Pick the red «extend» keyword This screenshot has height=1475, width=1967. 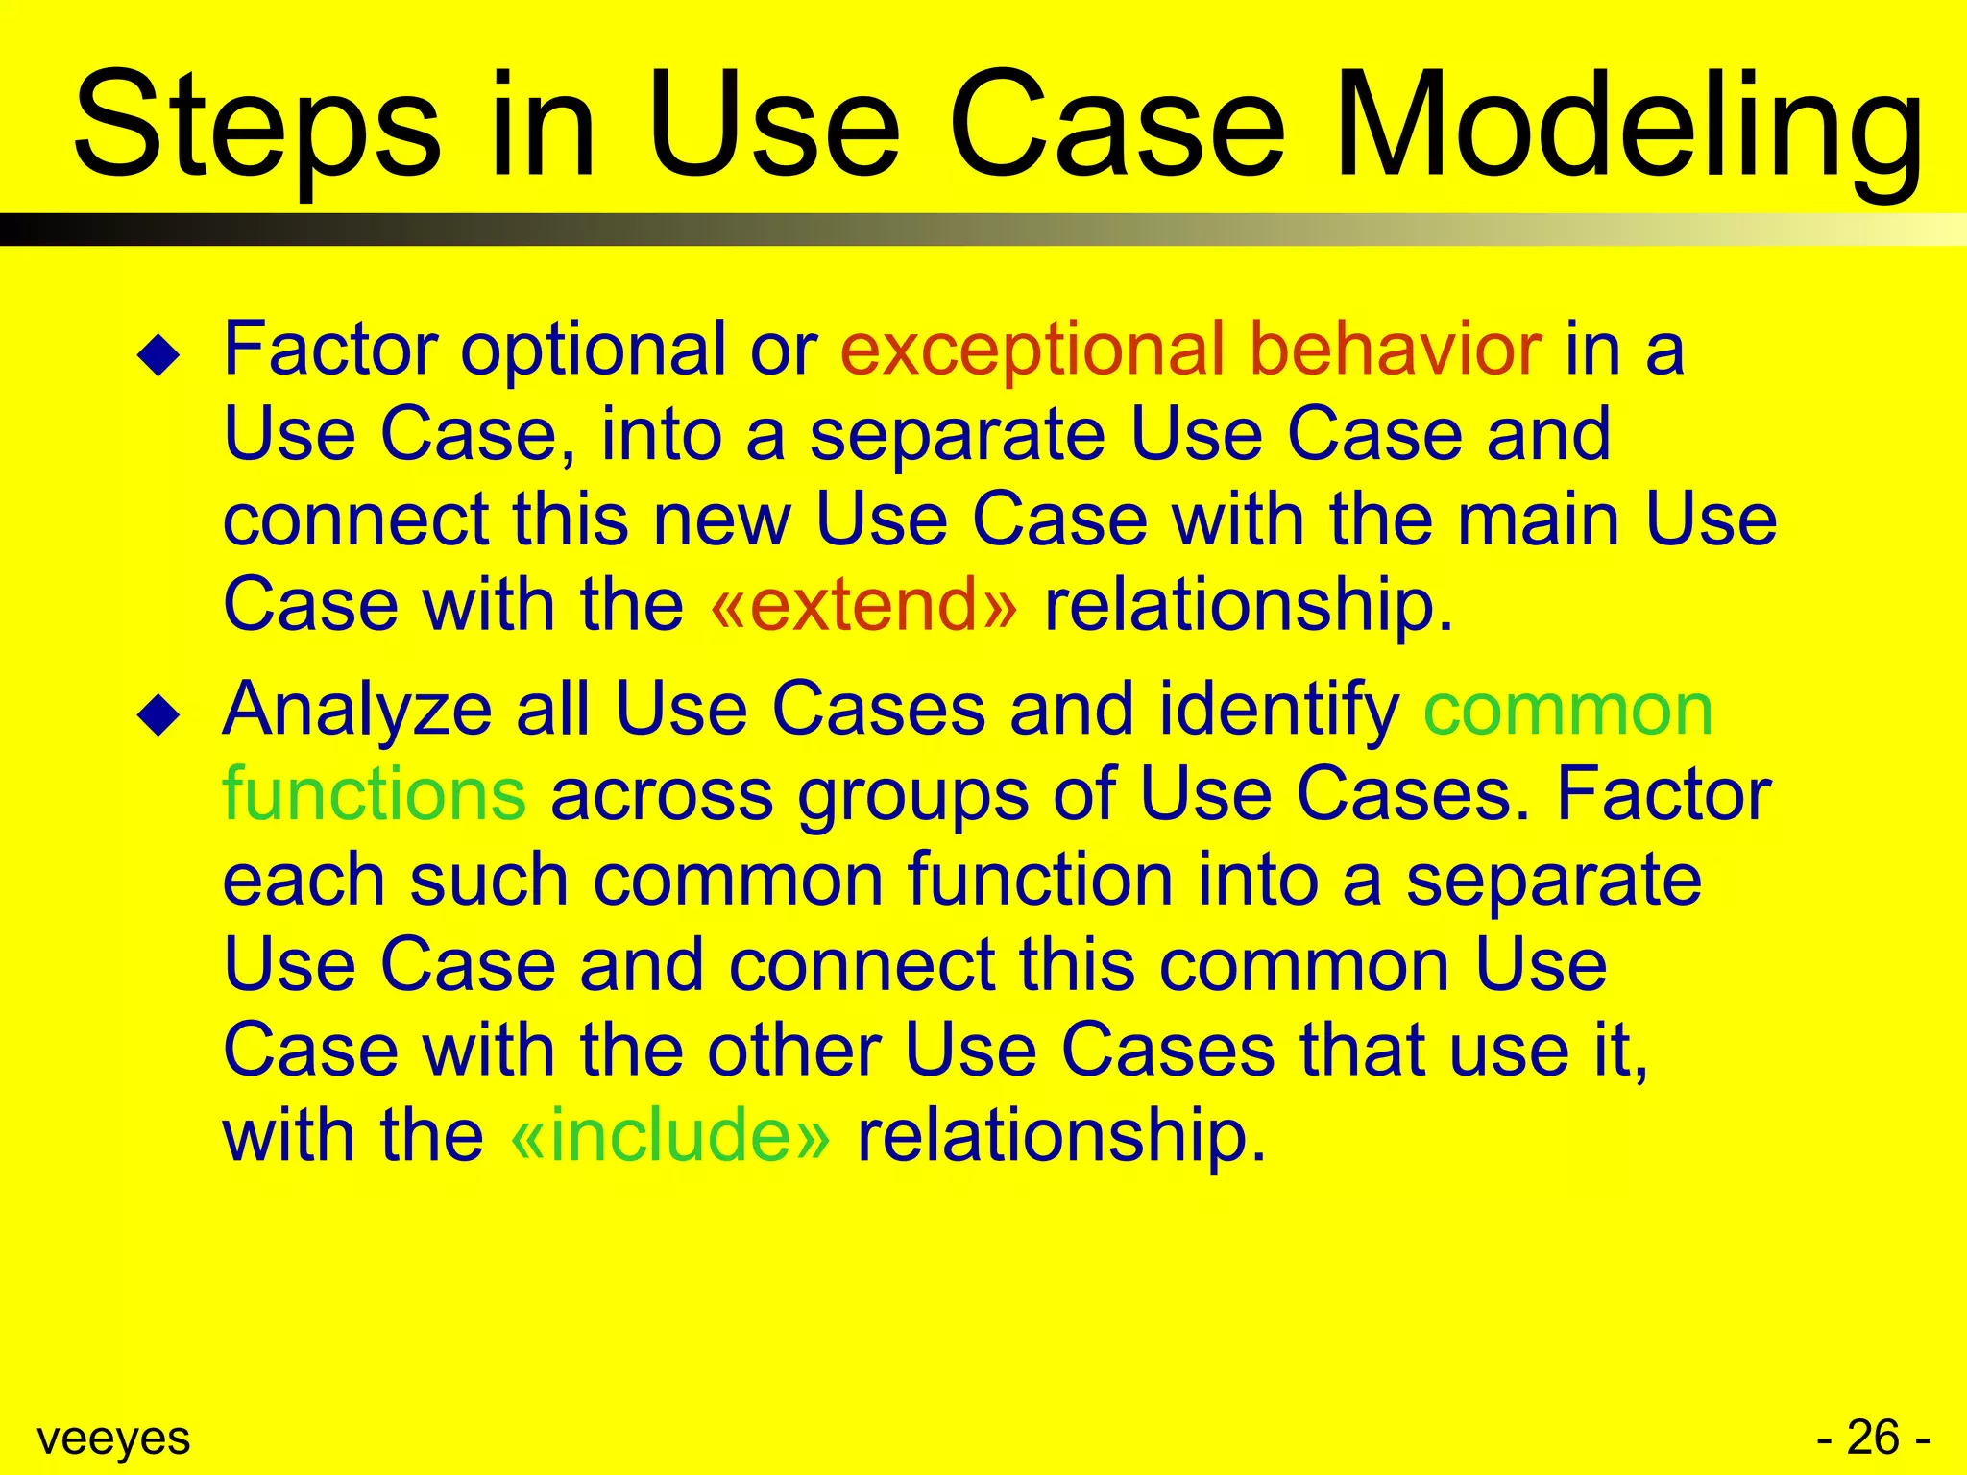point(863,605)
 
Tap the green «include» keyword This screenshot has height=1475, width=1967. point(669,1136)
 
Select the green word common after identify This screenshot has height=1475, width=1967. point(1567,711)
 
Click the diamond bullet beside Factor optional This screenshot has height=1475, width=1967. point(158,356)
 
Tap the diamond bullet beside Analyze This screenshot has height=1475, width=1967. point(158,716)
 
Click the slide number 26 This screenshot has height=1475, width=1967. point(1873,1439)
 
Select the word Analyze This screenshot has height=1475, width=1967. point(357,711)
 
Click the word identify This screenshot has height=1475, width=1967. point(1278,711)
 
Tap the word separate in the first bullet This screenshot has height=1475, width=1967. point(957,435)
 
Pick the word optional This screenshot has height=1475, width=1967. point(593,350)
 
